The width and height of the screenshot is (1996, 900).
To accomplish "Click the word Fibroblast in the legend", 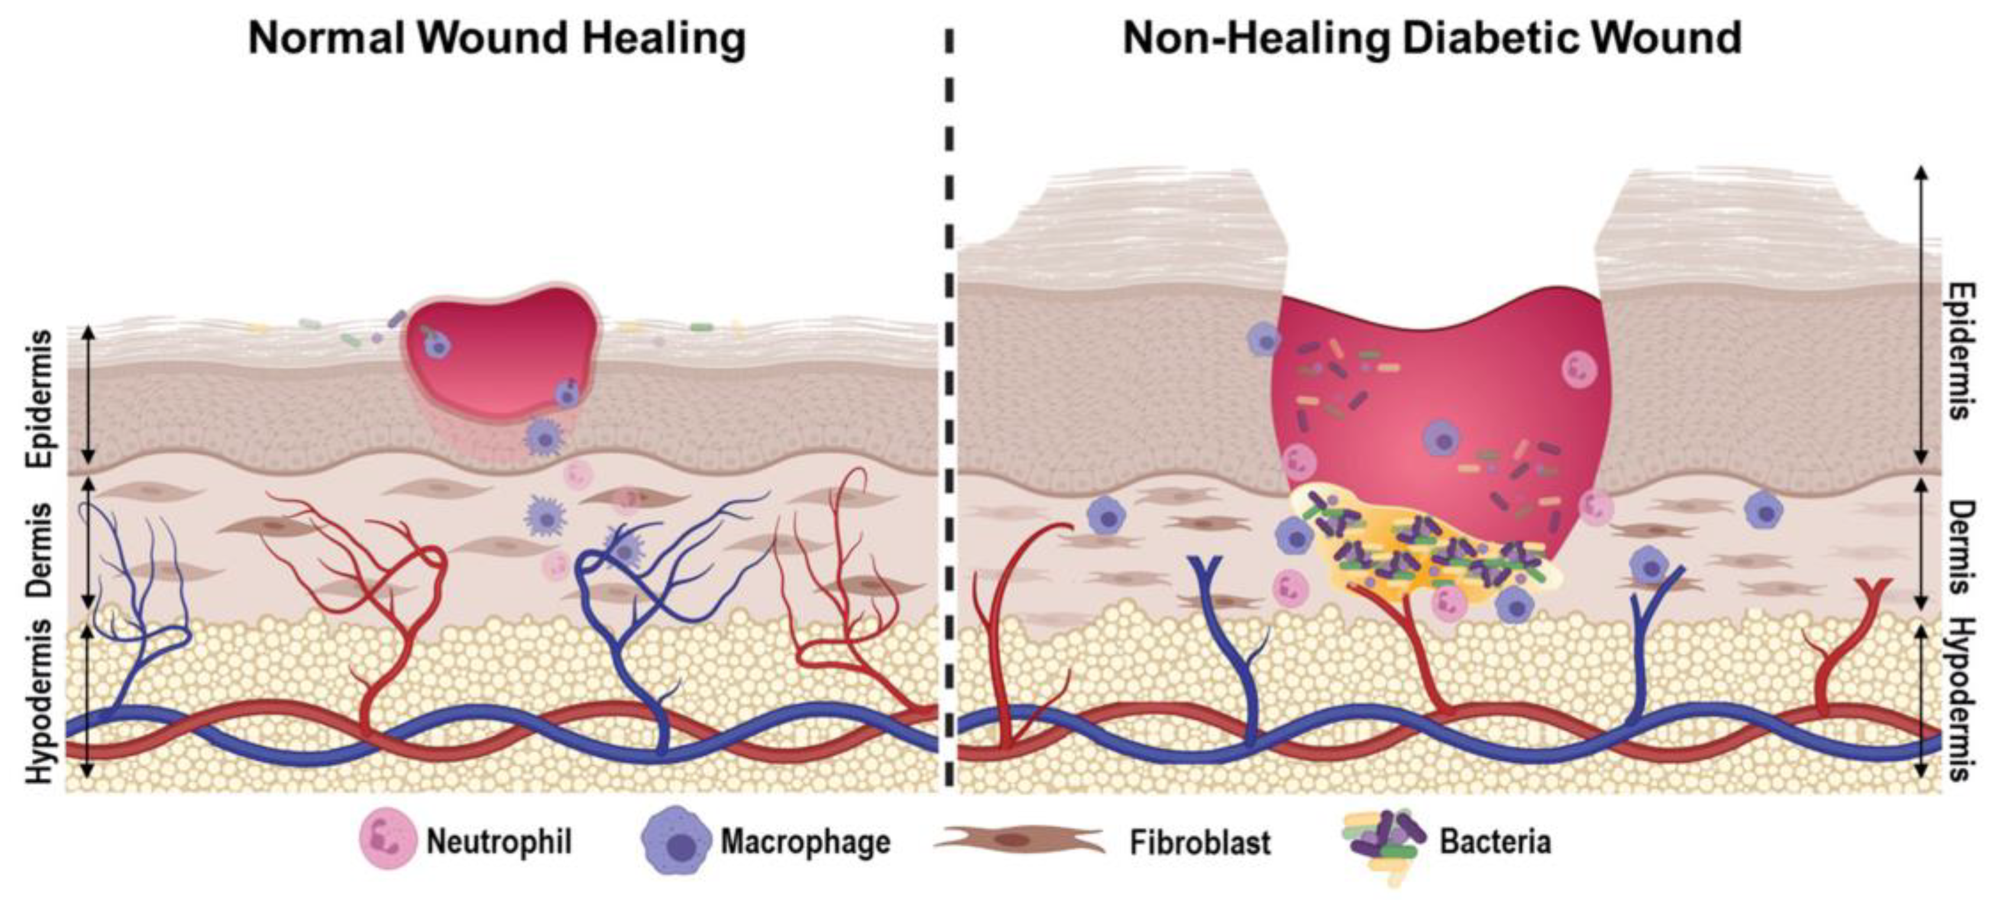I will [1199, 842].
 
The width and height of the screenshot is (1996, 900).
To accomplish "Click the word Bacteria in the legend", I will [1496, 842].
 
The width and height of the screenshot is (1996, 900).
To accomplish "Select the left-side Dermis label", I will [40, 550].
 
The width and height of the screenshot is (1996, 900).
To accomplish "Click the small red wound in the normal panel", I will [500, 352].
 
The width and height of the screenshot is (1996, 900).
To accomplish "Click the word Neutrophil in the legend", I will [499, 842].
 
